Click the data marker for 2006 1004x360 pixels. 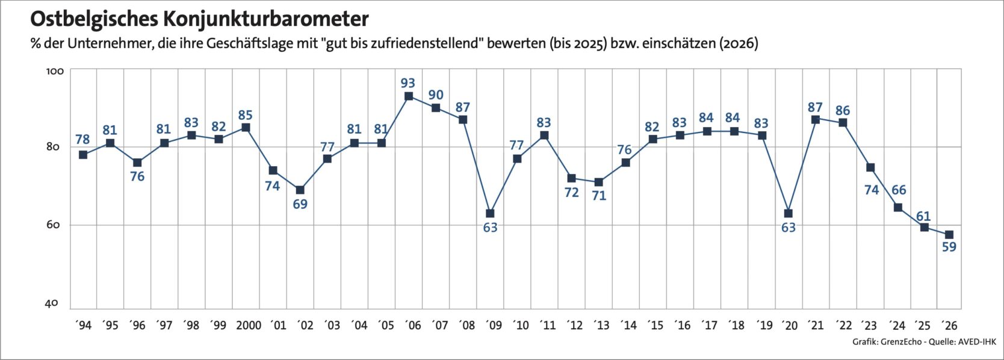(x=409, y=96)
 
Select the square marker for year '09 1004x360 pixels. (x=490, y=213)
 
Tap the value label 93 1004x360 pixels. (x=409, y=82)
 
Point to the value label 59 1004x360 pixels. (x=949, y=247)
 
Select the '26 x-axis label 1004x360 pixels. (x=949, y=326)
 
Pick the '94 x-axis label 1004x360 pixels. (x=82, y=326)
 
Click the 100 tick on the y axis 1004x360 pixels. (x=55, y=71)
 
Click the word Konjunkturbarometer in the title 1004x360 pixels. (x=265, y=19)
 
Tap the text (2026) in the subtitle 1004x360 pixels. (x=739, y=44)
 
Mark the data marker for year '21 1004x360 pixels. (x=816, y=119)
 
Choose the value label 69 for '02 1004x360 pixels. (x=300, y=204)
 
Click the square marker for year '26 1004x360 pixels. (x=949, y=235)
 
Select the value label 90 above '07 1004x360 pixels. (x=436, y=95)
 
